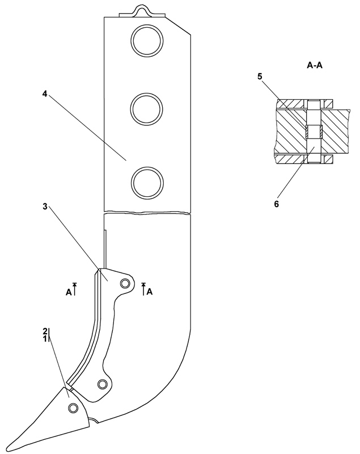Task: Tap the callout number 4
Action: [x=45, y=94]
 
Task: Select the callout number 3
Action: [x=45, y=207]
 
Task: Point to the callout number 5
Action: [x=260, y=77]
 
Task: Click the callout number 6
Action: [x=277, y=204]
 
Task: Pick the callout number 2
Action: [x=45, y=331]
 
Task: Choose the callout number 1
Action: [x=45, y=338]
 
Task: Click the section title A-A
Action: [x=315, y=65]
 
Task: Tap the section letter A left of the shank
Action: [x=69, y=292]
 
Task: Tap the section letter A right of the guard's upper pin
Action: [x=150, y=292]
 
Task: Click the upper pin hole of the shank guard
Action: [x=125, y=283]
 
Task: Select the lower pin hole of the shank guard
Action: [x=102, y=384]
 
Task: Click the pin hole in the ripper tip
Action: [x=73, y=408]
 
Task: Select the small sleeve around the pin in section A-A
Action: [x=314, y=132]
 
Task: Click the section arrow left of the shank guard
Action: [x=75, y=289]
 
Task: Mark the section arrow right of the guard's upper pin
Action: [x=143, y=289]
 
